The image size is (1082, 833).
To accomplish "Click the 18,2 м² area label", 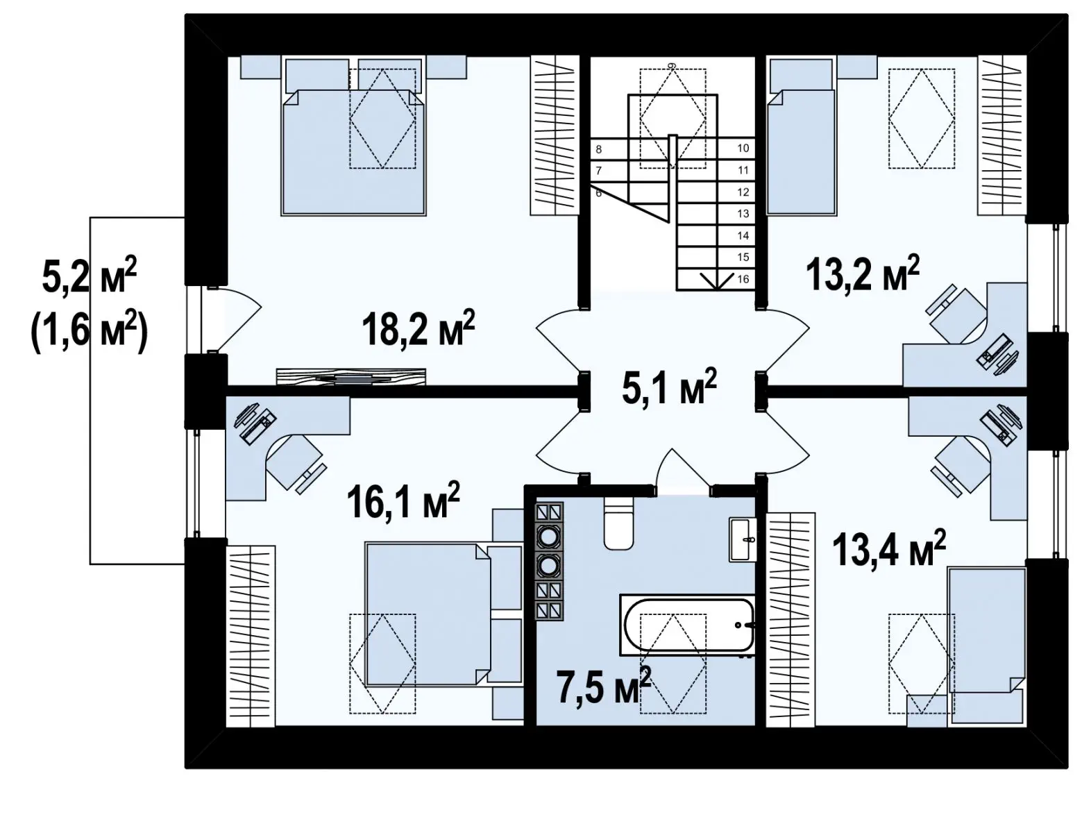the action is [x=418, y=328].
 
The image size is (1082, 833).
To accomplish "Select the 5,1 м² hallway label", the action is [x=669, y=387].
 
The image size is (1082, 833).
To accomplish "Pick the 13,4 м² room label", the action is [x=888, y=549].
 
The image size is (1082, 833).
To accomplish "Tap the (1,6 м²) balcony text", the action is [x=90, y=334].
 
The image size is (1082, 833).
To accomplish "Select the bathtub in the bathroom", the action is [x=687, y=625].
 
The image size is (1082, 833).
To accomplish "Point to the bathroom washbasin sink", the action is [x=743, y=539].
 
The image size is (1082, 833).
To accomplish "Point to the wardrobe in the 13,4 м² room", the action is [x=791, y=619].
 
